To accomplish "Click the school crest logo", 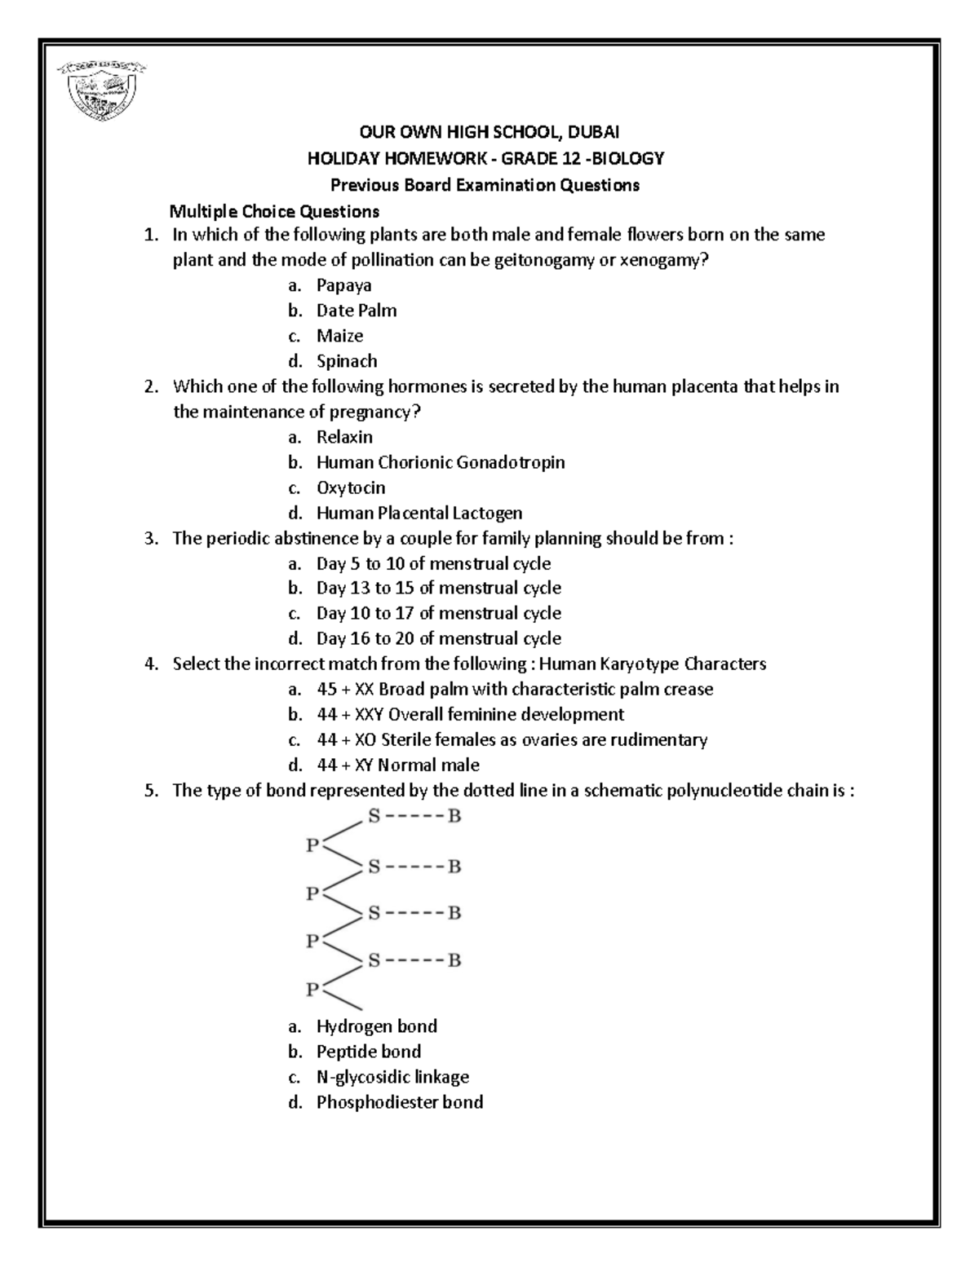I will (x=101, y=89).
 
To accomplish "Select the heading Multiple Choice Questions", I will (x=274, y=212).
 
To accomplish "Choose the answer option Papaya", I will (x=343, y=285).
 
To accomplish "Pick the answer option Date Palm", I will (x=357, y=311).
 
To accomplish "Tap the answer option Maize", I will (x=339, y=336).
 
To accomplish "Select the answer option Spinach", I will (x=347, y=361).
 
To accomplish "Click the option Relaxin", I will (x=344, y=437).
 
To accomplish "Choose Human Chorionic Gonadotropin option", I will (x=441, y=462).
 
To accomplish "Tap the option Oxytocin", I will (x=351, y=487).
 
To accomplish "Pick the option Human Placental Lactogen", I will (x=419, y=513).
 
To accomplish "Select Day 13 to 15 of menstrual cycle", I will (x=439, y=588).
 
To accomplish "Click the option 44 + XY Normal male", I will (x=398, y=765).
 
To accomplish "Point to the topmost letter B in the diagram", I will (x=454, y=816).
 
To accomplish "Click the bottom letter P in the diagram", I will (x=312, y=990).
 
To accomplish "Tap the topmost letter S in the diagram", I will (x=374, y=816).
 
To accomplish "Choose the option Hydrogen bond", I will (x=377, y=1026).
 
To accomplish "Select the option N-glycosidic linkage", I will (x=392, y=1077).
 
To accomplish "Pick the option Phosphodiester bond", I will (x=400, y=1102).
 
